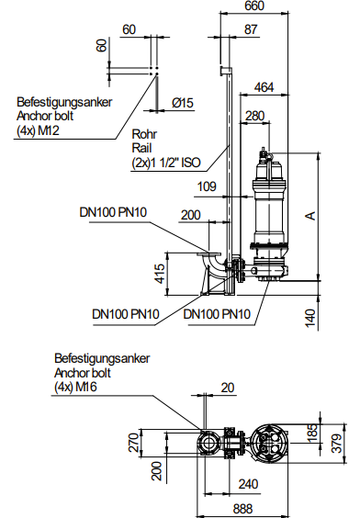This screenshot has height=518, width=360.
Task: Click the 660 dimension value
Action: pyautogui.click(x=254, y=6)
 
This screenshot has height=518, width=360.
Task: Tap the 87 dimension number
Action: pyautogui.click(x=251, y=29)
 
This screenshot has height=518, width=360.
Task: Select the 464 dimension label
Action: pyautogui.click(x=264, y=87)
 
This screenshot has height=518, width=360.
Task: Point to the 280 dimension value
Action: pyautogui.click(x=255, y=116)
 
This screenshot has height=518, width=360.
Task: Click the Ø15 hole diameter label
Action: pyautogui.click(x=183, y=103)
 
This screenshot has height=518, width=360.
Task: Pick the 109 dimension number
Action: pyautogui.click(x=207, y=186)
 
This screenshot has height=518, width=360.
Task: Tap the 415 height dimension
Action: pyautogui.click(x=160, y=274)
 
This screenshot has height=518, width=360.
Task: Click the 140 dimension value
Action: pyautogui.click(x=310, y=318)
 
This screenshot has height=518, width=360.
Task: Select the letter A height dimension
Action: pyautogui.click(x=310, y=216)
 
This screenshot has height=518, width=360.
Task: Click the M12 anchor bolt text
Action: pyautogui.click(x=49, y=130)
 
